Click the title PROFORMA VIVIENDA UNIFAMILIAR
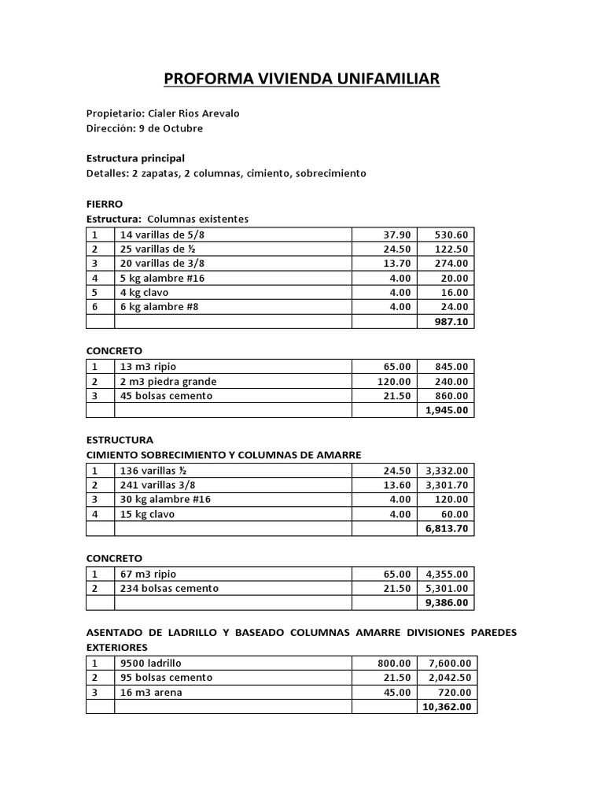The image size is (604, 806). [x=301, y=79]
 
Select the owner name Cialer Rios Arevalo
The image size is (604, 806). [x=193, y=113]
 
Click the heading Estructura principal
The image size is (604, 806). [x=135, y=158]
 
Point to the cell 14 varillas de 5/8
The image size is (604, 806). [x=162, y=235]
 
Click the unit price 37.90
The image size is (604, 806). [x=397, y=235]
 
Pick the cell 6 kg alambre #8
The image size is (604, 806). [x=159, y=307]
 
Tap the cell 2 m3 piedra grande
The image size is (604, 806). [x=168, y=382]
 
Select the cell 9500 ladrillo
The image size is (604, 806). [x=150, y=664]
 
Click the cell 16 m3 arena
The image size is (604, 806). [x=150, y=693]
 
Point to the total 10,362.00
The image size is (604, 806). [x=445, y=707]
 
